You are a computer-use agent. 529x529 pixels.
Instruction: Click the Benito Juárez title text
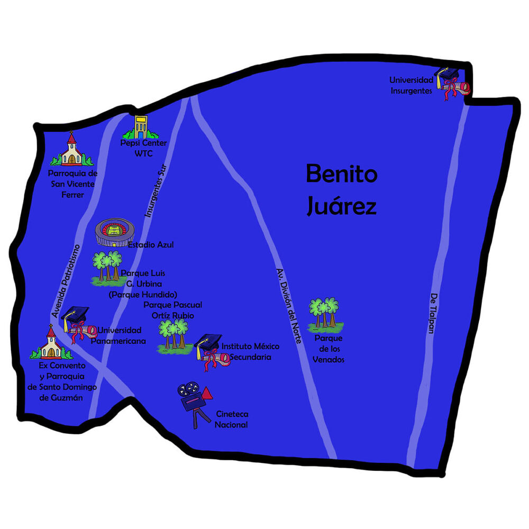341,189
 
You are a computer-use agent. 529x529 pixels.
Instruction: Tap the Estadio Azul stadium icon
115,232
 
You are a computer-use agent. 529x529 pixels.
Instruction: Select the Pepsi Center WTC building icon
141,127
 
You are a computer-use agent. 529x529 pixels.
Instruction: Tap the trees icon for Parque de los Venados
325,314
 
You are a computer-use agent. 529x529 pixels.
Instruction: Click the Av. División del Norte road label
288,306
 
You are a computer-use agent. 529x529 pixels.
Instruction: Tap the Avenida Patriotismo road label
66,281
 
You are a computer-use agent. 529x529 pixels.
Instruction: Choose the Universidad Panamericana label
118,335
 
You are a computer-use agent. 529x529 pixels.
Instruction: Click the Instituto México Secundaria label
250,352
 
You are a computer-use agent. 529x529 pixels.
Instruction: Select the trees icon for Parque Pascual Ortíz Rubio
174,336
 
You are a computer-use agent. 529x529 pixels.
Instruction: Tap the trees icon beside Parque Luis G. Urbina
107,268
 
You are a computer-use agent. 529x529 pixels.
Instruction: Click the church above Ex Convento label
51,342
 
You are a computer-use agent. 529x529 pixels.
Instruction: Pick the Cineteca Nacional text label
232,419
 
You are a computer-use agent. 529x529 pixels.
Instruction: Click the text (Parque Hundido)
143,295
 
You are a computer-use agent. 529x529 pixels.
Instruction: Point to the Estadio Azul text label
151,244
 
